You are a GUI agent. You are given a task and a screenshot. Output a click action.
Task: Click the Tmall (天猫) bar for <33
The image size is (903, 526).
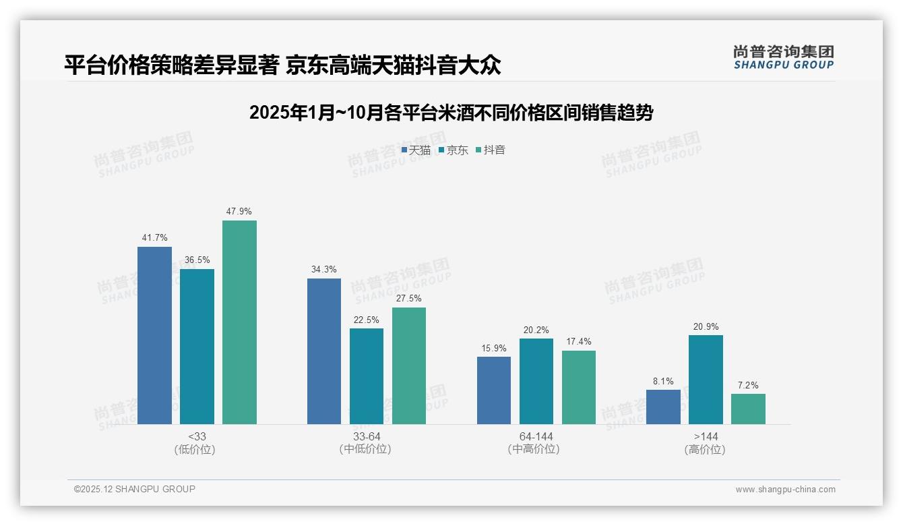pos(154,335)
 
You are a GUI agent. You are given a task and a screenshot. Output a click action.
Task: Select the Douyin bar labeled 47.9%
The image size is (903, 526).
pos(239,322)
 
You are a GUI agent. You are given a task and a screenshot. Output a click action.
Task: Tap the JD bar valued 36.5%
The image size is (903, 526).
pos(197,347)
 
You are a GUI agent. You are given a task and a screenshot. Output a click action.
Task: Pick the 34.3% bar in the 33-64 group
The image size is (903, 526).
pos(324,351)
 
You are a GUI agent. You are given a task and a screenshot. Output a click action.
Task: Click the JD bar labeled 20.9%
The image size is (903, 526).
pos(706,380)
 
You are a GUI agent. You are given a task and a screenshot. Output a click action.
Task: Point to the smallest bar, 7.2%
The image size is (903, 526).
pos(748,409)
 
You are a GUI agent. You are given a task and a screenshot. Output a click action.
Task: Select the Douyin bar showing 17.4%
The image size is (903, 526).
pos(579,387)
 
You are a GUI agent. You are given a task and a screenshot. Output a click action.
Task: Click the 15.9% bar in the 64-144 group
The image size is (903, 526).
pos(494,390)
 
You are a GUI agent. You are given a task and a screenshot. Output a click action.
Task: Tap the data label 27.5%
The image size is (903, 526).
pos(409,299)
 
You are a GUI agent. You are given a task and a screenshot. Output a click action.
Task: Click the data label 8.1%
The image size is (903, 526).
pos(663,381)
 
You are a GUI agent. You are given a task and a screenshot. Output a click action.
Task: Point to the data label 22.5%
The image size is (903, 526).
pos(367,320)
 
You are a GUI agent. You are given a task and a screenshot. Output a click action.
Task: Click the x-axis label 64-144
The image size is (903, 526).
pos(536,437)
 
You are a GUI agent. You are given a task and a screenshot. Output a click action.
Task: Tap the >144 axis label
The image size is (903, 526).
pos(705,437)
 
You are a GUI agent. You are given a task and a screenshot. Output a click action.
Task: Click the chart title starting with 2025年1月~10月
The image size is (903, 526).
pos(451,113)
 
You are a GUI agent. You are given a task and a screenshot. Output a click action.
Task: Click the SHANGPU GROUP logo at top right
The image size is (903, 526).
pos(783,57)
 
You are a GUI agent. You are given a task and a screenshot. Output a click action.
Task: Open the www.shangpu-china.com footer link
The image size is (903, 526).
pos(785,490)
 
